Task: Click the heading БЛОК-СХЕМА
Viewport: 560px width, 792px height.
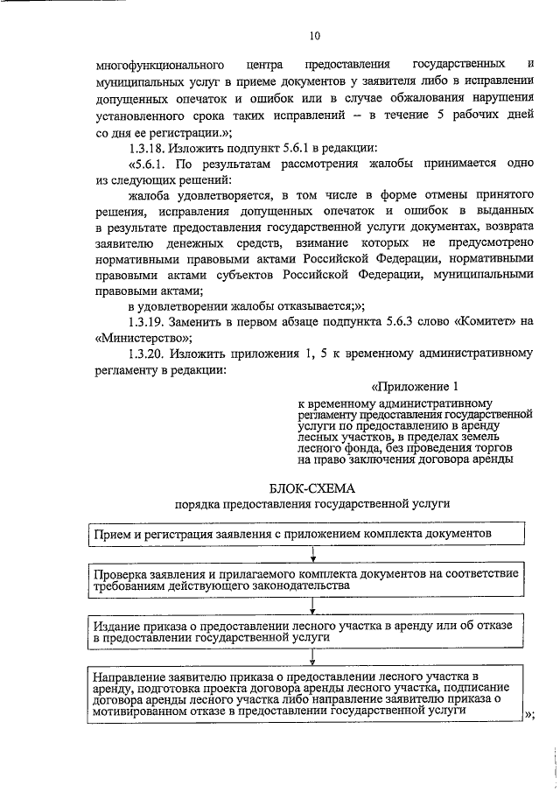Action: point(311,487)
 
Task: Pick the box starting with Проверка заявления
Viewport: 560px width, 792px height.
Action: point(307,578)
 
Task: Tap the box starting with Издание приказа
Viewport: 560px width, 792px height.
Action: point(307,633)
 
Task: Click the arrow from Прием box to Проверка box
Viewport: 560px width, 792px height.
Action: point(312,553)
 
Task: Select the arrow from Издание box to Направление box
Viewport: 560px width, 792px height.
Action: point(312,658)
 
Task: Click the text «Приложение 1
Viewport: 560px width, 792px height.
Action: point(416,387)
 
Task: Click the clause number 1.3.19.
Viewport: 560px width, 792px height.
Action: point(146,321)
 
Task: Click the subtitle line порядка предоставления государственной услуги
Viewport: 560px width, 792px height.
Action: point(311,505)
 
